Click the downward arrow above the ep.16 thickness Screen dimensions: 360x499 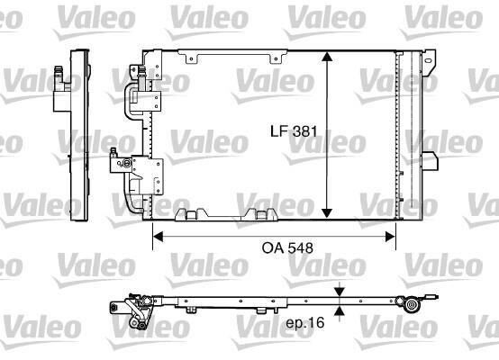339,292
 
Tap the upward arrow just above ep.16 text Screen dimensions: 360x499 339,309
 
